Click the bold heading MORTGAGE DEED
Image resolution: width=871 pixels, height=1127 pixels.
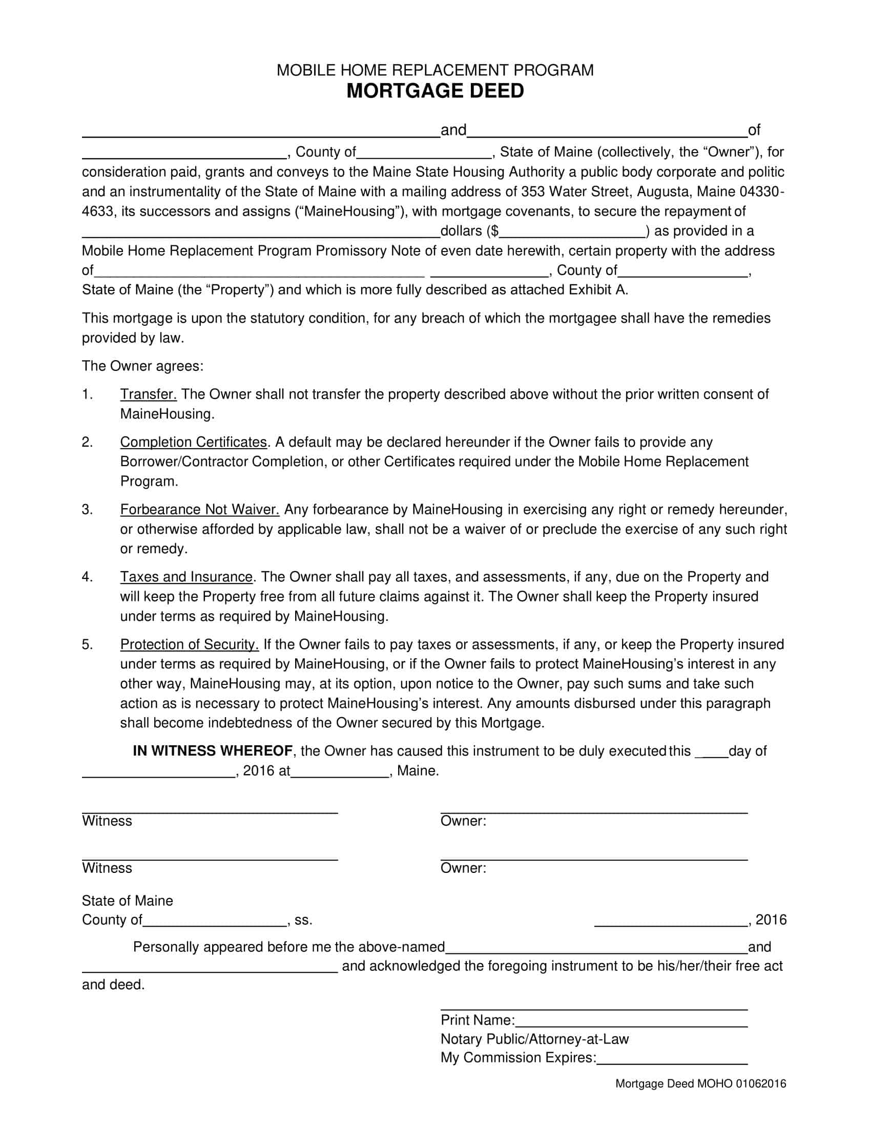[435, 91]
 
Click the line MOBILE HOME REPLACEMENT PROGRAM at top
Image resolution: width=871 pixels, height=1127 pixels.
[435, 70]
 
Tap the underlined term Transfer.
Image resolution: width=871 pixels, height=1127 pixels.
[148, 394]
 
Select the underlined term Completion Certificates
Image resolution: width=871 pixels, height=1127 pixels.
[194, 442]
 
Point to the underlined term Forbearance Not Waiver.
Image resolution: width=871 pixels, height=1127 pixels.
[199, 510]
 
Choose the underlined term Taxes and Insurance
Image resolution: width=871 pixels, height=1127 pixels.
[186, 577]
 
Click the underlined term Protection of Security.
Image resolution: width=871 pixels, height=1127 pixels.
[189, 644]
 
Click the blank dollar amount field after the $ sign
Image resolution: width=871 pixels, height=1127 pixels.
[573, 232]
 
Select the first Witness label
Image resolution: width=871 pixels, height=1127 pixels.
[107, 821]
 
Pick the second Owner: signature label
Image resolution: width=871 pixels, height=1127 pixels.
[463, 868]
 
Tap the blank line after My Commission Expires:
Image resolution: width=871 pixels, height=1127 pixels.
[672, 1058]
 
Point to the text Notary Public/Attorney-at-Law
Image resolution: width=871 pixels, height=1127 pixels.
[534, 1039]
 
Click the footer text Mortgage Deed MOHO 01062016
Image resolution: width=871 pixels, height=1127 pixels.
[700, 1083]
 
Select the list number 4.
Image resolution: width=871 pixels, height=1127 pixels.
[87, 577]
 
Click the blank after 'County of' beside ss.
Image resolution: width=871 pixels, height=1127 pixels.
[214, 921]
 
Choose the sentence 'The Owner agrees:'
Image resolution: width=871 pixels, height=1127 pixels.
[142, 366]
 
